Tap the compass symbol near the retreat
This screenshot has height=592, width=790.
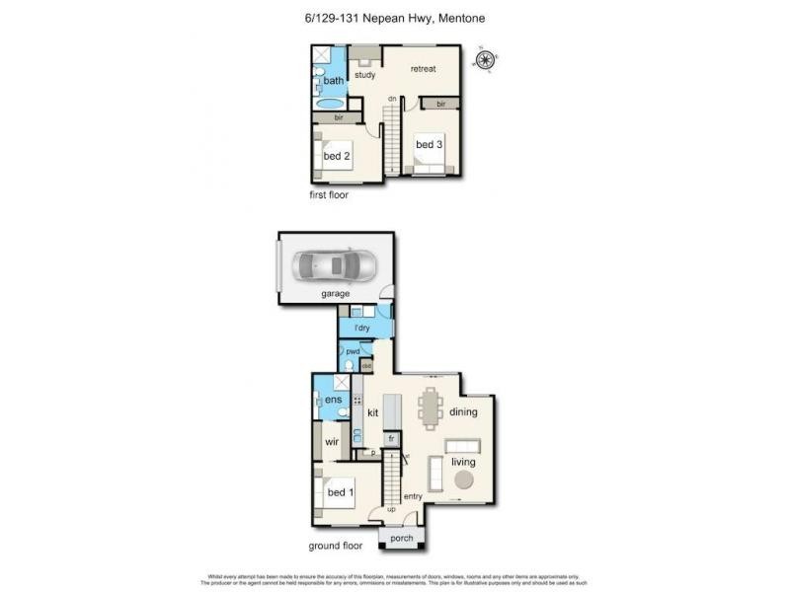tap(485, 60)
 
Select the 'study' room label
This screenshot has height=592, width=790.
tap(365, 75)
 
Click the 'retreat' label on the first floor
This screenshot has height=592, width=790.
tap(424, 68)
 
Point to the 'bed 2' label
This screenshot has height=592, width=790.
tap(337, 156)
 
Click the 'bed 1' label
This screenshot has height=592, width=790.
tap(342, 492)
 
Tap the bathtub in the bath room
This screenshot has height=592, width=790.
tap(331, 102)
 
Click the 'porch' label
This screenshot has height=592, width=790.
tap(402, 539)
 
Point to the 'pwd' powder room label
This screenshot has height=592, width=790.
tap(352, 351)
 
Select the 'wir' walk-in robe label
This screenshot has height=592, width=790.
tap(333, 443)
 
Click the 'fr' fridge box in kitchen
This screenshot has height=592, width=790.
tap(391, 438)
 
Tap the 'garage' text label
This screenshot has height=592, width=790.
tap(336, 293)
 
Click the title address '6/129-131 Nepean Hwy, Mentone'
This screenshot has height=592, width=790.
tap(394, 18)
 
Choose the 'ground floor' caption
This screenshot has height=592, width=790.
tap(334, 546)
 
